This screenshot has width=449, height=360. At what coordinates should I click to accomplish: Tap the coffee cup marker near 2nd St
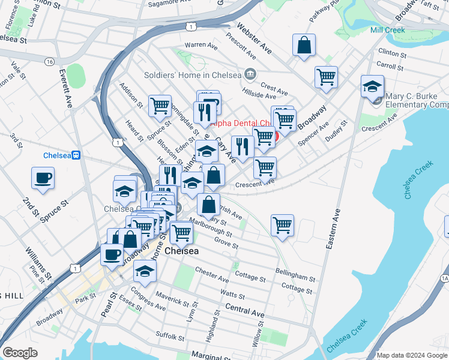coord(43,178)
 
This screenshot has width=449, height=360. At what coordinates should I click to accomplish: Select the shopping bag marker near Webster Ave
coord(304,45)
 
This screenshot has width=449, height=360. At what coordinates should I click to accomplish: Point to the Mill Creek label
coord(387,30)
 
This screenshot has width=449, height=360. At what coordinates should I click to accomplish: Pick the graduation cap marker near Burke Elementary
coord(372,86)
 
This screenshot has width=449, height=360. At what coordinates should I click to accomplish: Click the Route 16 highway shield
coord(49,62)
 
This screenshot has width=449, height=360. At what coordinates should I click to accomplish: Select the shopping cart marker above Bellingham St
coord(282,226)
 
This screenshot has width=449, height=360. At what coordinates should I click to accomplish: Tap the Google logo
coord(20,353)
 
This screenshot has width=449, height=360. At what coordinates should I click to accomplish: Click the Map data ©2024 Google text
coord(411,355)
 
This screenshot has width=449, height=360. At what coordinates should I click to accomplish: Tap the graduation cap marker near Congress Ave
coord(145,271)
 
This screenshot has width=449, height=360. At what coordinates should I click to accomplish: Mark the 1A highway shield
coord(444,278)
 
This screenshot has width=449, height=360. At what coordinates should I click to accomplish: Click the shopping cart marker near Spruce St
coord(160,106)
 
